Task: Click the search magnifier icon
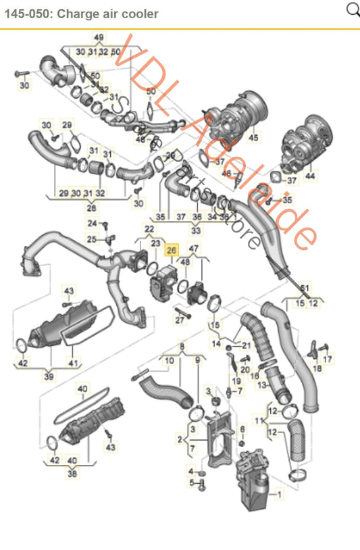pyautogui.click(x=352, y=9)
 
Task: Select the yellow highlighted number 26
pyautogui.click(x=172, y=249)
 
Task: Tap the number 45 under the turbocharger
pyautogui.click(x=253, y=138)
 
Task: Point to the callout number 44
pyautogui.click(x=310, y=176)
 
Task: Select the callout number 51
pyautogui.click(x=305, y=289)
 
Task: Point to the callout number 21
pyautogui.click(x=246, y=345)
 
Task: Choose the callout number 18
pyautogui.click(x=317, y=369)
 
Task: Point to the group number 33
pyautogui.click(x=196, y=230)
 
